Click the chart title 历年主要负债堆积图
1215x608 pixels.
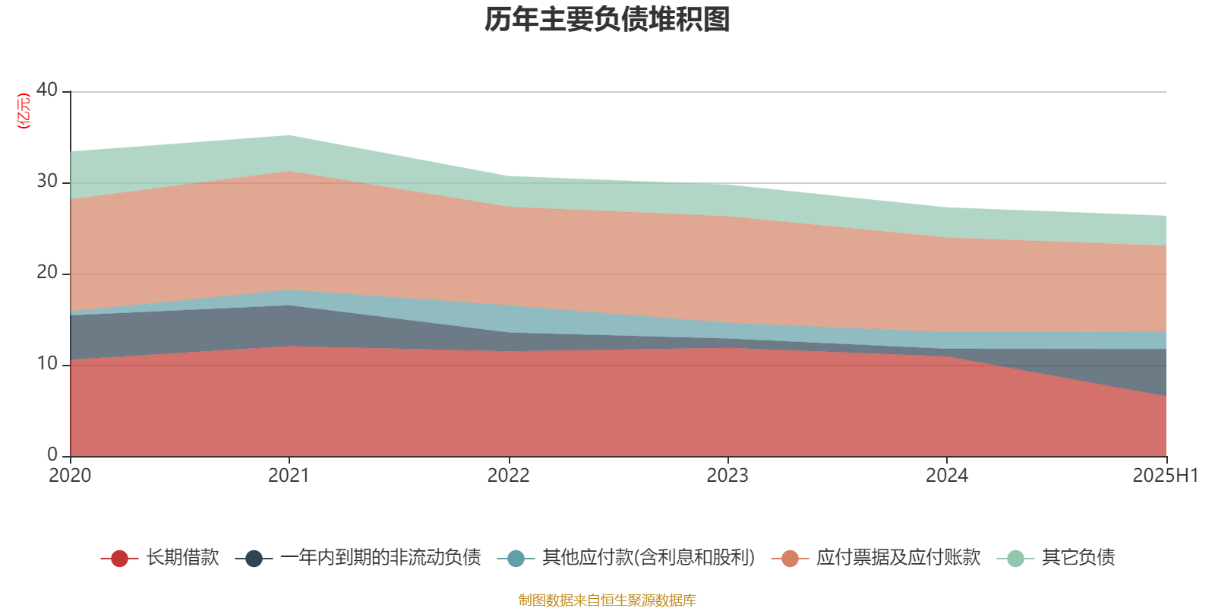[x=607, y=20]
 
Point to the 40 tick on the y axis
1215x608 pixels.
[x=47, y=90]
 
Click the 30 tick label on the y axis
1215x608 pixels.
[x=47, y=181]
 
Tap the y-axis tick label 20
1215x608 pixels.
[x=47, y=272]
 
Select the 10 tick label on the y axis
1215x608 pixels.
[x=47, y=363]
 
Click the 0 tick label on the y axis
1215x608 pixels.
[x=52, y=454]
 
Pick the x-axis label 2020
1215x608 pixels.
[x=70, y=476]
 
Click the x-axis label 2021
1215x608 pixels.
[x=289, y=476]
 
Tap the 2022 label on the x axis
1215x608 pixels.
[x=508, y=476]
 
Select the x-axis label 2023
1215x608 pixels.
[x=727, y=476]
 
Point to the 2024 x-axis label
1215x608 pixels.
[x=946, y=476]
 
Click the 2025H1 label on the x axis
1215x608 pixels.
[x=1165, y=476]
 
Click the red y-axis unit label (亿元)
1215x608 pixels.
[x=24, y=112]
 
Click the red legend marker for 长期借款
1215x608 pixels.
[x=119, y=559]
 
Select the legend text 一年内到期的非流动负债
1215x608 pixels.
[x=380, y=558]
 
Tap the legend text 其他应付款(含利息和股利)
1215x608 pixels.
[x=649, y=558]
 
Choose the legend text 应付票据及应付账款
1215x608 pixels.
[x=898, y=558]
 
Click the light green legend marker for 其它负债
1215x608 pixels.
[x=1015, y=559]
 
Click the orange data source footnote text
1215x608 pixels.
[x=607, y=600]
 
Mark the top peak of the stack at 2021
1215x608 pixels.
[x=289, y=135]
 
